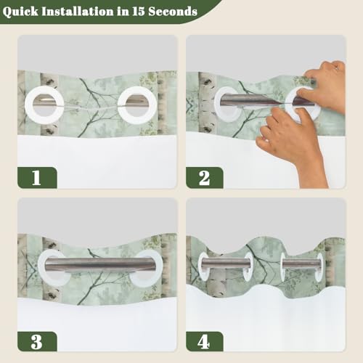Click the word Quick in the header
pyautogui.click(x=20, y=12)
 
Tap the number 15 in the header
pyautogui.click(x=139, y=11)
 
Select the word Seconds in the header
pyautogui.click(x=173, y=11)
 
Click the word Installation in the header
pyautogui.click(x=78, y=11)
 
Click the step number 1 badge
pyautogui.click(x=37, y=178)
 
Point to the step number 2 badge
pyautogui.click(x=205, y=178)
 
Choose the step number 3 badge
pyautogui.click(x=37, y=341)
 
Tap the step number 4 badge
pyautogui.click(x=205, y=341)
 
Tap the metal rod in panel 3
pyautogui.click(x=101, y=264)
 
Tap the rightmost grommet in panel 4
pyautogui.click(x=320, y=267)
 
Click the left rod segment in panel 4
pyautogui.click(x=227, y=263)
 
